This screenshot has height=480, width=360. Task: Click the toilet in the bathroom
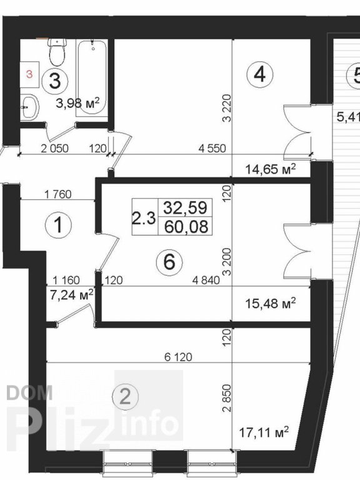tap(57, 52)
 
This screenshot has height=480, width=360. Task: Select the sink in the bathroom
tap(28, 106)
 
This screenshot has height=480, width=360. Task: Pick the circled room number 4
tap(259, 75)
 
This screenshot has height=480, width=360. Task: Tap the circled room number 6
tap(168, 263)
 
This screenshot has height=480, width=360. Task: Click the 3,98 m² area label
tap(78, 104)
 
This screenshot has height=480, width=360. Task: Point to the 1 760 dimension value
tap(61, 194)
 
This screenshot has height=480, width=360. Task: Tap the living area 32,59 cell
tap(186, 207)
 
